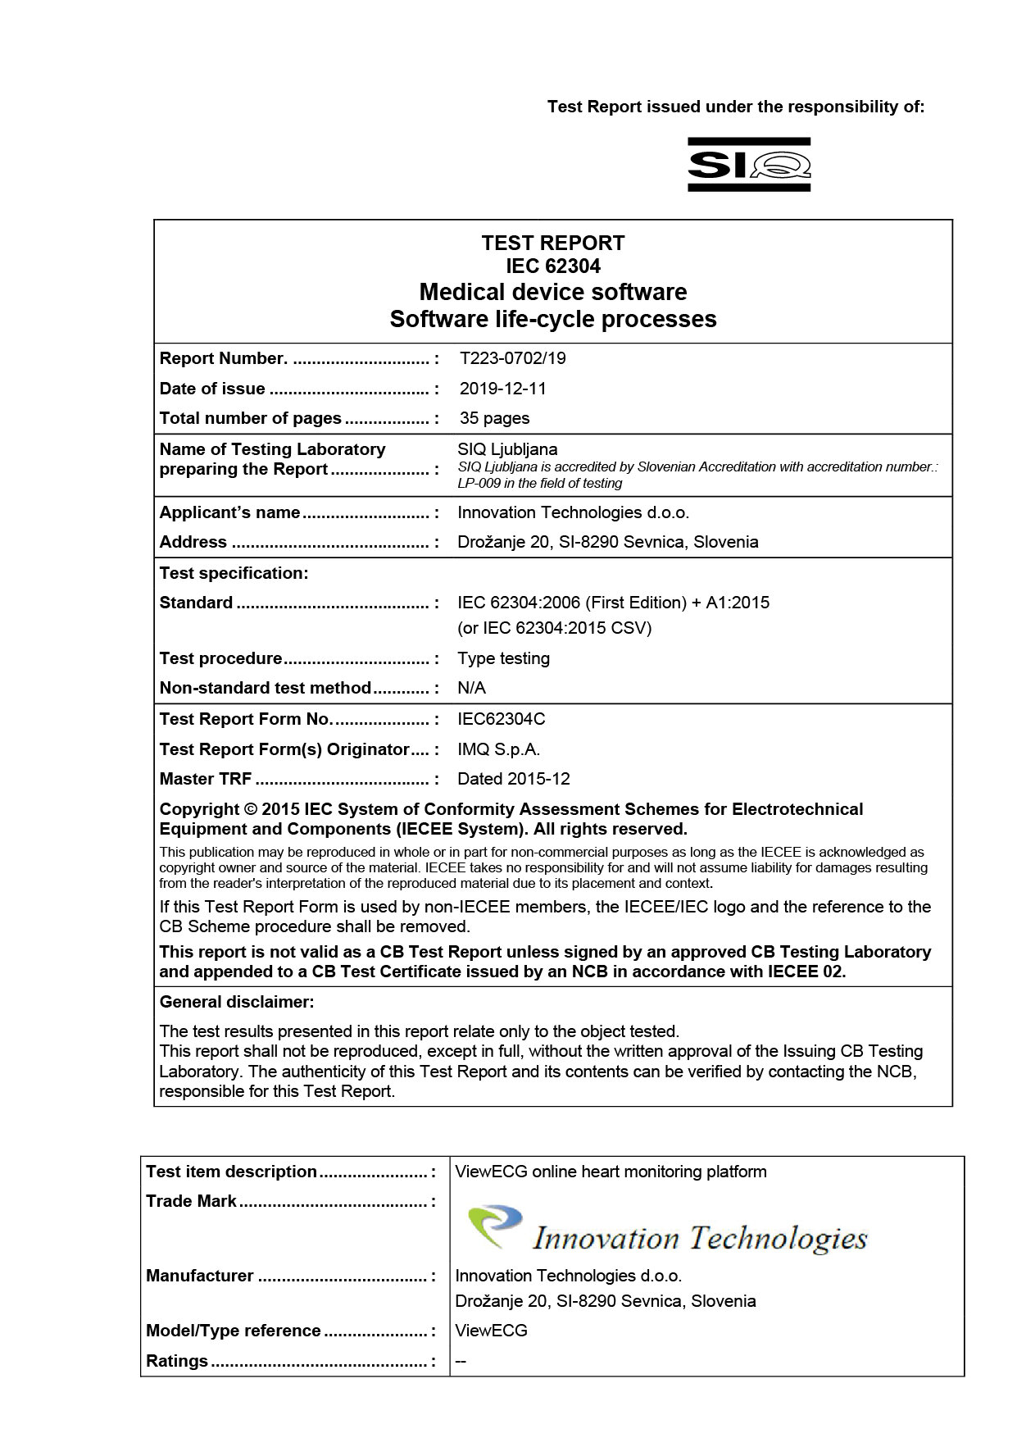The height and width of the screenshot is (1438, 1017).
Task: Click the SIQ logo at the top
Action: pyautogui.click(x=748, y=164)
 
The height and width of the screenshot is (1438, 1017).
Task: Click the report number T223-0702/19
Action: pyautogui.click(x=512, y=358)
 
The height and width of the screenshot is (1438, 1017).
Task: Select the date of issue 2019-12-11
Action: pyautogui.click(x=502, y=389)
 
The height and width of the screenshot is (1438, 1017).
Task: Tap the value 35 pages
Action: pyautogui.click(x=494, y=418)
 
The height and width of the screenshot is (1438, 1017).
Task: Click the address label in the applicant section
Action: pyautogui.click(x=193, y=542)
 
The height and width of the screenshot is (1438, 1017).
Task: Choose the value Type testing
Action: pyautogui.click(x=503, y=658)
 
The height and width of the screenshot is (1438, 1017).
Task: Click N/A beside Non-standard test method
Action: pyautogui.click(x=471, y=688)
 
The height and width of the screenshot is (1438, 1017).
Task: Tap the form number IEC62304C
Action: pyautogui.click(x=501, y=719)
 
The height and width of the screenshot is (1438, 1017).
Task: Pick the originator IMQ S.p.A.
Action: pyautogui.click(x=498, y=749)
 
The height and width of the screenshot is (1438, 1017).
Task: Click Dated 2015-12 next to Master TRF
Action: pyautogui.click(x=513, y=779)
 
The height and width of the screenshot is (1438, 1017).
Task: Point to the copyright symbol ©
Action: pyautogui.click(x=251, y=809)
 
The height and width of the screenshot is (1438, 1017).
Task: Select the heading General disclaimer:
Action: pyautogui.click(x=236, y=1002)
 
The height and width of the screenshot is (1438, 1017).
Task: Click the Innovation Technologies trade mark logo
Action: pyautogui.click(x=666, y=1231)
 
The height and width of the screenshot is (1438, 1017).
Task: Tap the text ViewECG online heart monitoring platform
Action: pyautogui.click(x=611, y=1172)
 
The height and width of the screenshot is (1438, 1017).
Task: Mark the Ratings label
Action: pyautogui.click(x=177, y=1361)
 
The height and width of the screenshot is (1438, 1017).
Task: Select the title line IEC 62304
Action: pyautogui.click(x=552, y=266)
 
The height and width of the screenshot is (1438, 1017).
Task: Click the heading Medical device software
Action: pyautogui.click(x=552, y=292)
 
